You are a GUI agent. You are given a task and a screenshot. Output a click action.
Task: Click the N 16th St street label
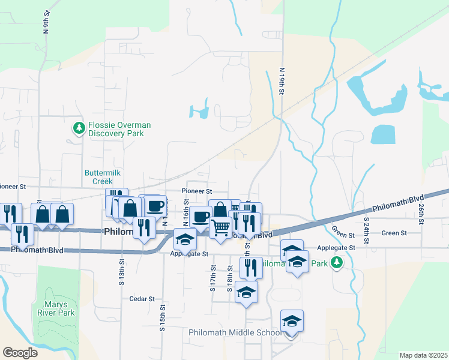pos(186,214)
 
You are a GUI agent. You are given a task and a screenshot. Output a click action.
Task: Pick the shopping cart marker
pos(221,227)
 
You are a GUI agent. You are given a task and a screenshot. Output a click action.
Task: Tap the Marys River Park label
pos(59,308)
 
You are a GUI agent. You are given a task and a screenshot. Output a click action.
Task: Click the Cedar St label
pos(142,298)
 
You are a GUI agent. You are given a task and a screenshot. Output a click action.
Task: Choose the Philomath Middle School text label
pos(234,332)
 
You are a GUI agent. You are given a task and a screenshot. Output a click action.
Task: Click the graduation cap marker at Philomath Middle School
pos(292,322)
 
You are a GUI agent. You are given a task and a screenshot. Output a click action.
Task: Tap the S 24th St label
pos(366,228)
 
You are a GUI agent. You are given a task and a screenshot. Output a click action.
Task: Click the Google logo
pos(20,353)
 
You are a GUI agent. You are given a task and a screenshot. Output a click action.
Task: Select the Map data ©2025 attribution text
pos(423,355)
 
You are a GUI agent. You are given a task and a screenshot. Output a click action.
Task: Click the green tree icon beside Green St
pos(337,262)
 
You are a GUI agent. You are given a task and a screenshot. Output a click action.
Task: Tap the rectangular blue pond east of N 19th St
pos(384,134)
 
